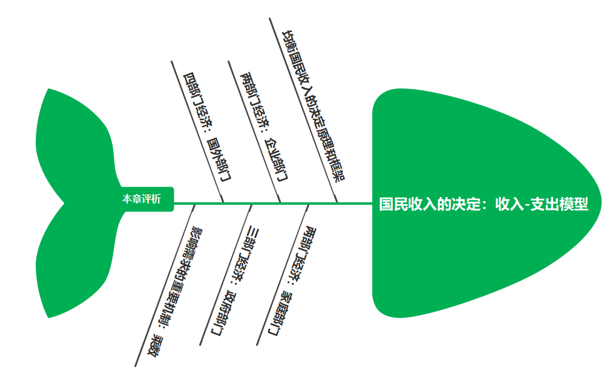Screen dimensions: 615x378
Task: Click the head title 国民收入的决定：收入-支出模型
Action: click(x=484, y=204)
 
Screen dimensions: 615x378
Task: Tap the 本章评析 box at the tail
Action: click(x=142, y=199)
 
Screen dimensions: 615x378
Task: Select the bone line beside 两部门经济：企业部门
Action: click(x=254, y=131)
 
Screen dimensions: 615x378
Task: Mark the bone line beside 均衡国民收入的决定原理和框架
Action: click(x=303, y=110)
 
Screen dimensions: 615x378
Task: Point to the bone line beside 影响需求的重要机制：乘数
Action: click(x=164, y=285)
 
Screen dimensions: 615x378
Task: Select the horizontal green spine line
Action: click(x=272, y=204)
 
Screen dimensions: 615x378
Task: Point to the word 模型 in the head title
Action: click(x=574, y=204)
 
